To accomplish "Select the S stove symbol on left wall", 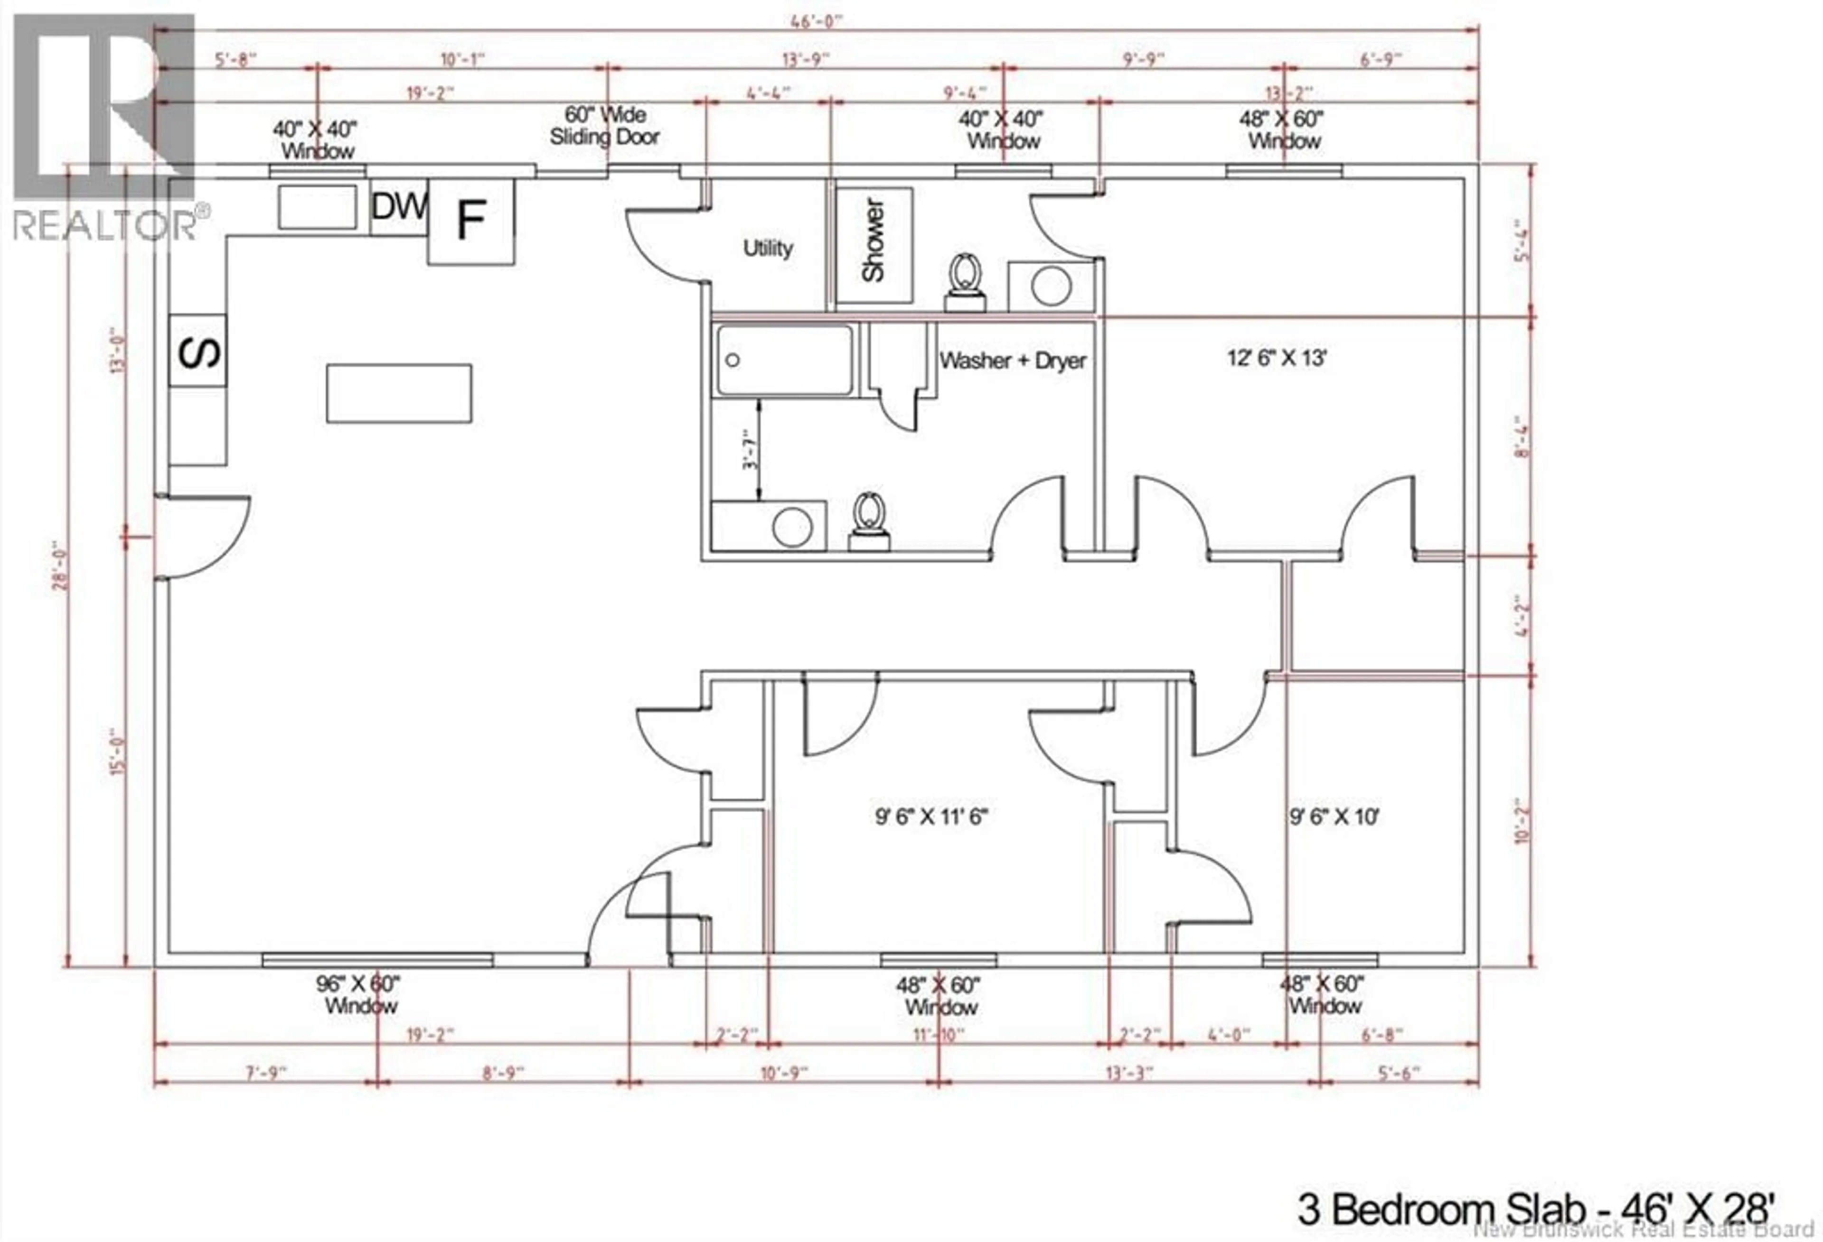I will click(x=197, y=351).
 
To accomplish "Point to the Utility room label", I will click(x=767, y=249).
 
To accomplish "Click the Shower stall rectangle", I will click(x=874, y=245).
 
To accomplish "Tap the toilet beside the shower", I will click(x=965, y=284).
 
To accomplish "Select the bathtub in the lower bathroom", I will click(x=784, y=361).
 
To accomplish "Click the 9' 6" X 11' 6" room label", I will click(x=930, y=817).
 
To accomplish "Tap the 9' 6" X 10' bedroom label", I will click(x=1334, y=817).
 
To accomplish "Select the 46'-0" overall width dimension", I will click(x=816, y=21).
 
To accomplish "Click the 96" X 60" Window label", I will click(x=359, y=994).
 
